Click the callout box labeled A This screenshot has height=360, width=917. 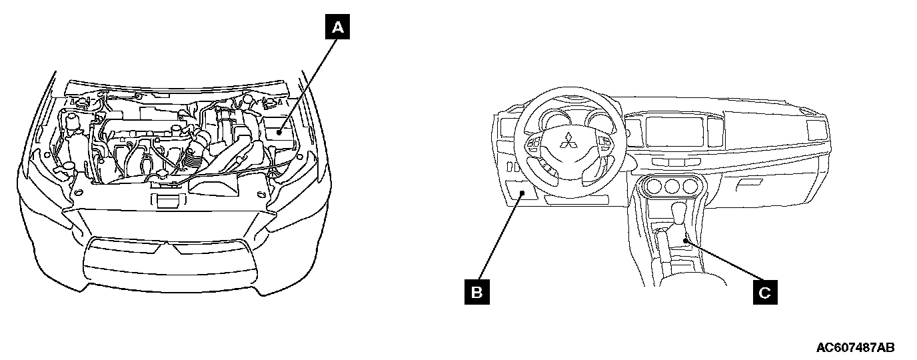click(338, 27)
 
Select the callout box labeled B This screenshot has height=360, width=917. click(476, 291)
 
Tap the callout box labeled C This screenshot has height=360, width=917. click(765, 291)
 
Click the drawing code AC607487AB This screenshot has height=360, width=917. click(855, 348)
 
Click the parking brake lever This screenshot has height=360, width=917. click(664, 239)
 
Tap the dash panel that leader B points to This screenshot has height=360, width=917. click(520, 194)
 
